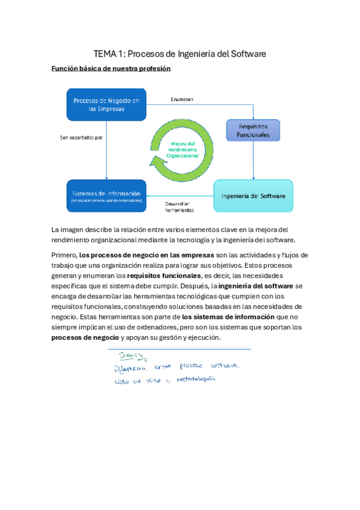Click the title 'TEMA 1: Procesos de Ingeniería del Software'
coord(180,54)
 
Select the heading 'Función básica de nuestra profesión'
coord(111,69)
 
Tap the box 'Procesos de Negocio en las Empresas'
coord(106,103)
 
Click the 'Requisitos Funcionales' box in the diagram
coord(253,131)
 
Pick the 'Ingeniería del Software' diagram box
coord(253,196)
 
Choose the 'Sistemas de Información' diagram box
coord(106,196)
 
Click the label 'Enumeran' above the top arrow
coord(182,99)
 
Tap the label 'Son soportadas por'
coord(81,138)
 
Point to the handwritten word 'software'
coord(223,366)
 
